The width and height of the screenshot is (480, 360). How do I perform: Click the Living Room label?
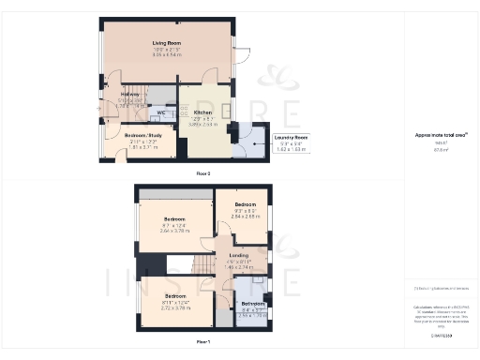166,42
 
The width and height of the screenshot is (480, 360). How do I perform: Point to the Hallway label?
129,95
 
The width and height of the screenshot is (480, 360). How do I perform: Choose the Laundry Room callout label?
290,137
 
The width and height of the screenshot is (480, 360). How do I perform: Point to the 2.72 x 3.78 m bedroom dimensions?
175,307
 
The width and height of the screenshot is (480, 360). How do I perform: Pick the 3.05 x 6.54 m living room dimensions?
166,55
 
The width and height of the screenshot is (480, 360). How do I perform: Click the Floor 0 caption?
202,173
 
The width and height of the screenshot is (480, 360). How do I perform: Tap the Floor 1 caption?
202,342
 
